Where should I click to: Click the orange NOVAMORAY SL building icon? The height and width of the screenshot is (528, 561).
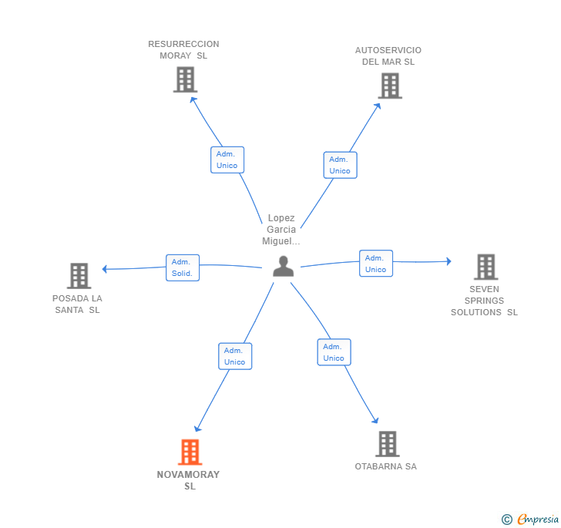pyautogui.click(x=190, y=452)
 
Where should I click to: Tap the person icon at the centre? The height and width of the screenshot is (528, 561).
pyautogui.click(x=284, y=266)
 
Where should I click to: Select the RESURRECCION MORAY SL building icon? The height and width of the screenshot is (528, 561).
pyautogui.click(x=185, y=79)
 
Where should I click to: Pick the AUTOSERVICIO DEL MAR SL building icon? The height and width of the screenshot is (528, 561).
pyautogui.click(x=390, y=86)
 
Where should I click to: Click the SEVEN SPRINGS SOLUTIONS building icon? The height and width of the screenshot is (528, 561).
pyautogui.click(x=485, y=267)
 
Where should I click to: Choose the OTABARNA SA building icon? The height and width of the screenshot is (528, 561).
pyautogui.click(x=387, y=444)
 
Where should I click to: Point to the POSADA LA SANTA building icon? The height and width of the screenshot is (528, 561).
pyautogui.click(x=79, y=275)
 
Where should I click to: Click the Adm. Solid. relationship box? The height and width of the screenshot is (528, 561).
pyautogui.click(x=183, y=267)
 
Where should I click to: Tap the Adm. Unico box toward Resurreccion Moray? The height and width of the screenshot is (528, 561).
pyautogui.click(x=227, y=160)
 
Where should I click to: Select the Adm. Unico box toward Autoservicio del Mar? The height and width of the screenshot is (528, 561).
pyautogui.click(x=340, y=165)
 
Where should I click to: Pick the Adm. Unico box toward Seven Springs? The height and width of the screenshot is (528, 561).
pyautogui.click(x=376, y=263)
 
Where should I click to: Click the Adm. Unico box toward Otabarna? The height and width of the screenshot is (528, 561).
pyautogui.click(x=334, y=352)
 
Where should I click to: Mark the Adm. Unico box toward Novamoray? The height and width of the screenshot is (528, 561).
pyautogui.click(x=235, y=356)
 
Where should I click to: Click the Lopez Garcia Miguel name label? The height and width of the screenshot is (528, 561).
pyautogui.click(x=281, y=230)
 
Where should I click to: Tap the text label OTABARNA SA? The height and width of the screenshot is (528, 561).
pyautogui.click(x=385, y=466)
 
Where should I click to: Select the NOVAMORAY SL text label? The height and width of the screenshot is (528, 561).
pyautogui.click(x=189, y=480)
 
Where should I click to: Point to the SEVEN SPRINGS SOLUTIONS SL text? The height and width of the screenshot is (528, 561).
pyautogui.click(x=484, y=301)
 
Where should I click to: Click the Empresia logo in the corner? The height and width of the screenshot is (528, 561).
pyautogui.click(x=531, y=519)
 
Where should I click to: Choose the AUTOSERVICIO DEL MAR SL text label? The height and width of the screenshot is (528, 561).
pyautogui.click(x=388, y=56)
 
